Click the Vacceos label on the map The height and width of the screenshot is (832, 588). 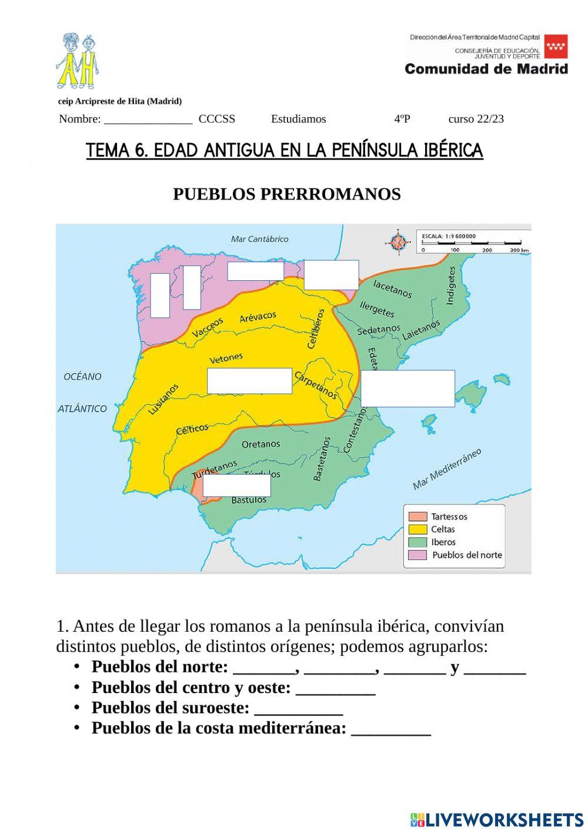click(208, 327)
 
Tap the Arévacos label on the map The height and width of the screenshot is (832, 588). click(258, 317)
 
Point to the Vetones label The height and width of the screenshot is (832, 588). click(226, 358)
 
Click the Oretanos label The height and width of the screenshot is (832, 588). click(260, 444)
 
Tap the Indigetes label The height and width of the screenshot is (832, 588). click(451, 286)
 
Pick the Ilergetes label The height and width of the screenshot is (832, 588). click(377, 309)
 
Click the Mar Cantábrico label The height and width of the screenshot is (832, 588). click(259, 239)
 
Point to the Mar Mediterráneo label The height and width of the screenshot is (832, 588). click(446, 469)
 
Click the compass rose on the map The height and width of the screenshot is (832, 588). click(399, 241)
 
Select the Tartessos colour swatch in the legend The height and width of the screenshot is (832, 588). click(417, 516)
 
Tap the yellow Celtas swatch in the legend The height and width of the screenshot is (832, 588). click(417, 529)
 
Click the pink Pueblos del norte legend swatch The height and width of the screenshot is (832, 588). click(417, 555)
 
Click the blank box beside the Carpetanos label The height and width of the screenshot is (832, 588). click(249, 381)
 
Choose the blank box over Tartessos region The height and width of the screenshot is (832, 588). click(236, 485)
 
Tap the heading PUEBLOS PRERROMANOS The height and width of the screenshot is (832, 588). click(286, 194)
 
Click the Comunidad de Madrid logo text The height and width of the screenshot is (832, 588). click(486, 69)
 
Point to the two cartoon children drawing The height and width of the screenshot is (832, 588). click(78, 61)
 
